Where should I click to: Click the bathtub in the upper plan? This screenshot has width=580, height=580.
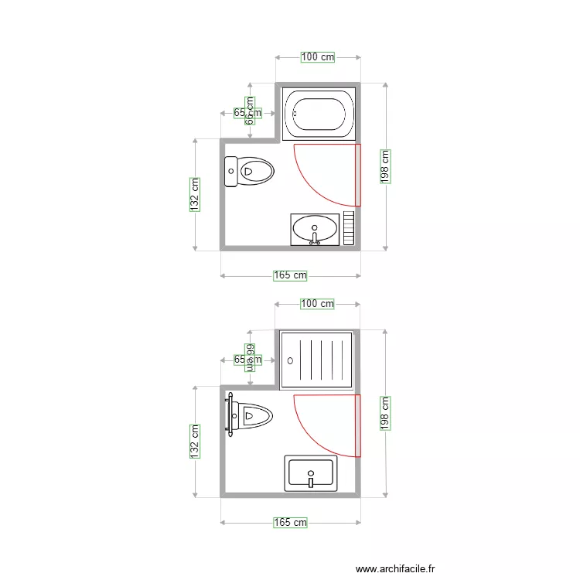point(317,113)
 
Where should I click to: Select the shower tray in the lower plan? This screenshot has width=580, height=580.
point(317,359)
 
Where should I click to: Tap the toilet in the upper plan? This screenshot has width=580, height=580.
point(250,171)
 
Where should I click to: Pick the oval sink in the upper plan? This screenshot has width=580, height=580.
point(315,229)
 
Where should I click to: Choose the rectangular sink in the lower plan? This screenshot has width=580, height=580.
point(310,473)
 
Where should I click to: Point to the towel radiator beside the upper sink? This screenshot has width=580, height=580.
point(349,228)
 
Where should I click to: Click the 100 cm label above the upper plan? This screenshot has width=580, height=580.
point(318,56)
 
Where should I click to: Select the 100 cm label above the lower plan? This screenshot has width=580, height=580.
point(317,304)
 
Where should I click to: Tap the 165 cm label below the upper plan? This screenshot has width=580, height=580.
point(290,275)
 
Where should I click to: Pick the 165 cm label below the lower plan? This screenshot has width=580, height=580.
point(290,523)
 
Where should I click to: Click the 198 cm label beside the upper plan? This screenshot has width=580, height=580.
point(385,166)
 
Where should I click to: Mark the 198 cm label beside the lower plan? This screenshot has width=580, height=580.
point(385,414)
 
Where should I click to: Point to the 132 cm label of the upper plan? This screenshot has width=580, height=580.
point(195,195)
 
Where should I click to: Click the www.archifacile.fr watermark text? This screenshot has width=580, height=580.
point(394,568)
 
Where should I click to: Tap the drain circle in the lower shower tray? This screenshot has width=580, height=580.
point(291,360)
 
